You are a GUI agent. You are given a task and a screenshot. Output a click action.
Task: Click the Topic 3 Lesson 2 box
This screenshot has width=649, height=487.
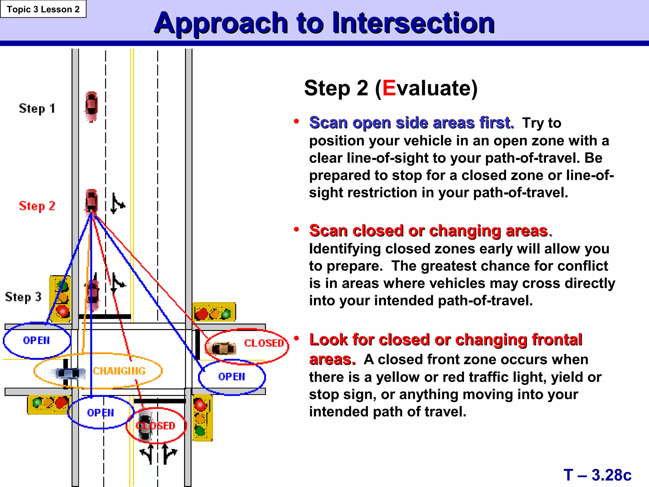click(x=43, y=9)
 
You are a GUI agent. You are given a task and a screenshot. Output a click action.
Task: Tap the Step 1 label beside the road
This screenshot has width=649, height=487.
click(x=37, y=109)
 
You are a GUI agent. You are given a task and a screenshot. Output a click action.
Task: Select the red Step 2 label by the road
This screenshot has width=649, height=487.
click(x=37, y=206)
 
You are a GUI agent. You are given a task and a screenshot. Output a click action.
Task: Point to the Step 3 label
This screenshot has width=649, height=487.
click(x=23, y=297)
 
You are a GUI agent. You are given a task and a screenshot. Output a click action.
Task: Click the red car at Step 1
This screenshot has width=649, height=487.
click(x=91, y=107)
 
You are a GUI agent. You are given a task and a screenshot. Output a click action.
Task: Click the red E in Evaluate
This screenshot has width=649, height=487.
click(x=389, y=88)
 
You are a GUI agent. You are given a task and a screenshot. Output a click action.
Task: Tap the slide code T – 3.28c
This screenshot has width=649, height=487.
click(x=597, y=475)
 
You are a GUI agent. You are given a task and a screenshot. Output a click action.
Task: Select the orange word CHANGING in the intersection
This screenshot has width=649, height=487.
click(x=119, y=371)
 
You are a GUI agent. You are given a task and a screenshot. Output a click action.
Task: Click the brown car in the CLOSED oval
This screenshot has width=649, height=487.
click(x=223, y=348)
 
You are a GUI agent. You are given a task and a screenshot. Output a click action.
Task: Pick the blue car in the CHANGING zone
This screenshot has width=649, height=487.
click(x=70, y=373)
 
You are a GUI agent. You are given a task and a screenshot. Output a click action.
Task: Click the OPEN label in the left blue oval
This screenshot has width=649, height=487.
click(x=36, y=341)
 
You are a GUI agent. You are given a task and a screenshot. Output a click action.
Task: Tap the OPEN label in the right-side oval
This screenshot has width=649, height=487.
click(x=232, y=377)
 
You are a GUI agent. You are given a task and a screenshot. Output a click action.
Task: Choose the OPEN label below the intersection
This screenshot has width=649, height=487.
click(x=100, y=412)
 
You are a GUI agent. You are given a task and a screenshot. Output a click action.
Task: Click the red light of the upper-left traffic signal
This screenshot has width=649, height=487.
click(x=62, y=311)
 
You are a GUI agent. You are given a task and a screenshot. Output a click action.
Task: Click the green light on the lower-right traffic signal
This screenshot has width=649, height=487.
click(x=200, y=431)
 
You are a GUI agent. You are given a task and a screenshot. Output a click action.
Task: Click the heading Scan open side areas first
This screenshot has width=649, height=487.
click(x=411, y=123)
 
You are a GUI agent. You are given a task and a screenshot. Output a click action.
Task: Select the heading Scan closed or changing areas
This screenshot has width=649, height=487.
click(x=430, y=231)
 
